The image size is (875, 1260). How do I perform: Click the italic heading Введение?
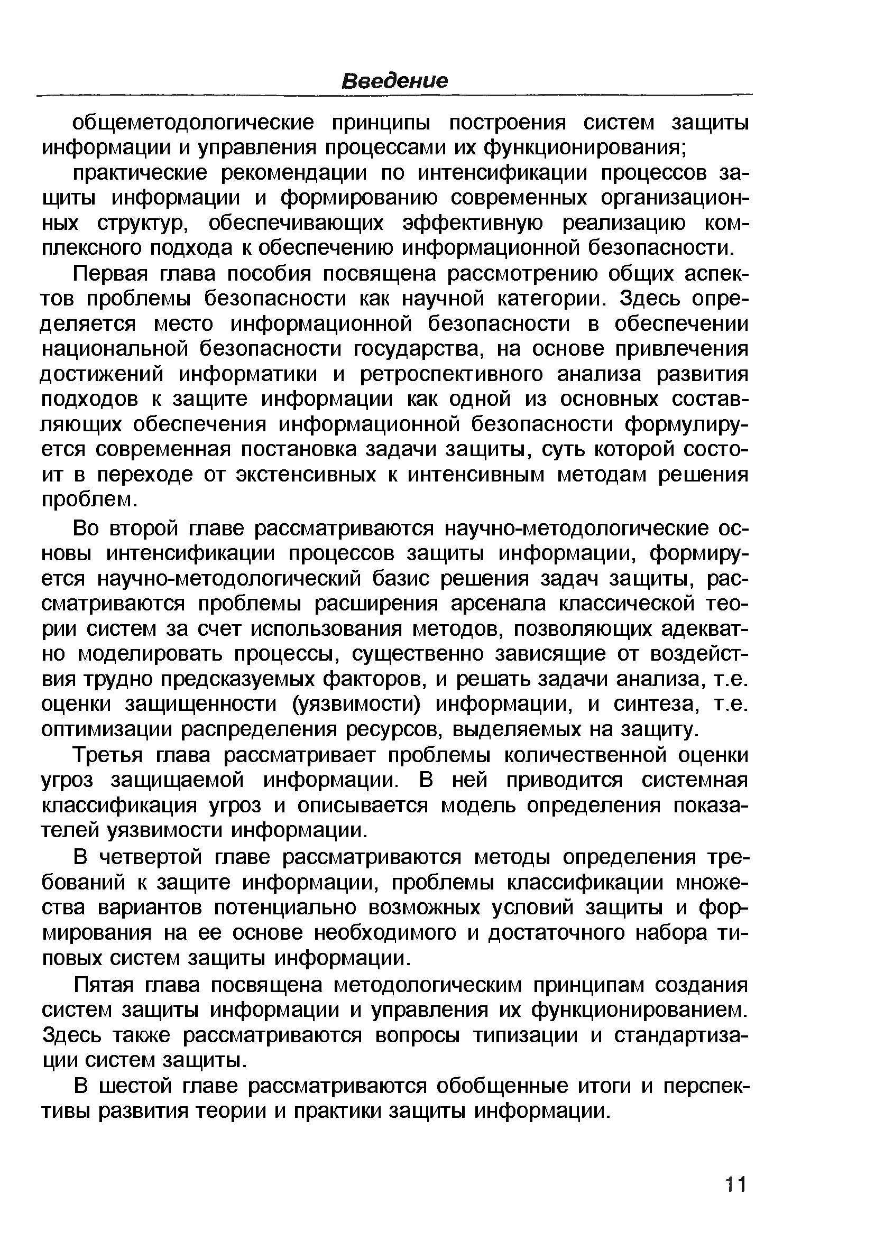(394, 81)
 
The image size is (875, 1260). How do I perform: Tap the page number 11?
(735, 1185)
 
